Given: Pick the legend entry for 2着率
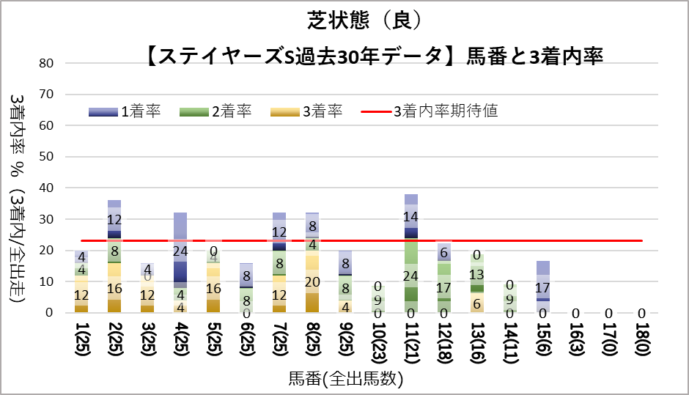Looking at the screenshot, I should pos(213,111).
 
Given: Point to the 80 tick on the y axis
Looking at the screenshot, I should pos(47,63).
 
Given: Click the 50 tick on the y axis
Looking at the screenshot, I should pos(47,157).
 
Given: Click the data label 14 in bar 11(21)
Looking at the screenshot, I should pos(411,217).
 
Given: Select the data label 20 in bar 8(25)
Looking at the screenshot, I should pos(312,281).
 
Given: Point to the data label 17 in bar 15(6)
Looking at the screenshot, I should pos(543,287).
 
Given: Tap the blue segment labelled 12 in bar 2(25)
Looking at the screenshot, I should pos(114,219).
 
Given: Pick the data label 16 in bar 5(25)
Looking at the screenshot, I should pos(213,288).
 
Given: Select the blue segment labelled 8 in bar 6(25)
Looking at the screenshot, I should pos(246,276).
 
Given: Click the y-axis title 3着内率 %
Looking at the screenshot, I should pos(19,147).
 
